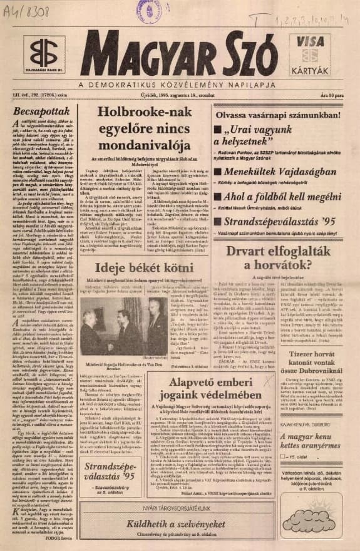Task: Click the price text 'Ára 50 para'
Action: [332, 94]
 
